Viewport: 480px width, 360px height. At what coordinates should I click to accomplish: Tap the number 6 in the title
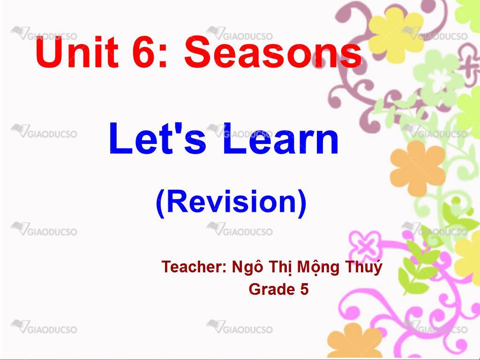click(144, 52)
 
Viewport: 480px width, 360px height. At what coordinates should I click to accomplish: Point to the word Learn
click(281, 139)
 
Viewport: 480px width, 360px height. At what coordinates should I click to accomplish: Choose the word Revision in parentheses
click(231, 201)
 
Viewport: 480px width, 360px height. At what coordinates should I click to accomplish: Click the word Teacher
click(194, 267)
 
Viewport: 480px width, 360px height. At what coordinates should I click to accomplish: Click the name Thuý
click(364, 267)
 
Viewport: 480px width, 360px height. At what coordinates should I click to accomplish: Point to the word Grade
click(267, 289)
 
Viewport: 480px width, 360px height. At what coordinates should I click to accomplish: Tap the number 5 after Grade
click(304, 289)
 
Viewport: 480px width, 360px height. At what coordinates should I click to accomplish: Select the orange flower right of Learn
click(417, 169)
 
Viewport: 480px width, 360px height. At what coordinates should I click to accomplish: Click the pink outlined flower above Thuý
click(366, 245)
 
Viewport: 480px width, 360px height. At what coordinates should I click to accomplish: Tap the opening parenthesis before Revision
click(161, 203)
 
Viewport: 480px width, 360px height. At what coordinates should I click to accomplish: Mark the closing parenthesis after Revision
click(302, 203)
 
